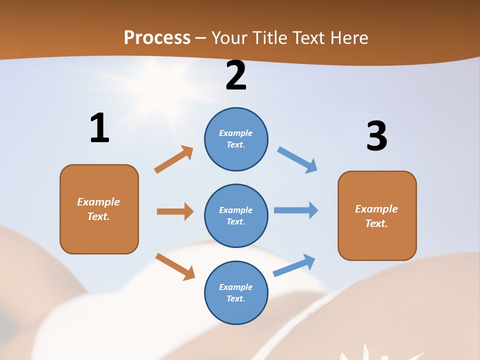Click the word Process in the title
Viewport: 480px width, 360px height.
coord(157,37)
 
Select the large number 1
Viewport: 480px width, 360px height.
coord(99,128)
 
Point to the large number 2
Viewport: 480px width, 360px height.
coord(236,76)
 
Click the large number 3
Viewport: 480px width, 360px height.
coord(376,136)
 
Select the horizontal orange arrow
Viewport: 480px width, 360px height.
coord(175,211)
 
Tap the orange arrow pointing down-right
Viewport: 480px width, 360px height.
coord(175,266)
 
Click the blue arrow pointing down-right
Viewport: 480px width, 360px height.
coord(297,160)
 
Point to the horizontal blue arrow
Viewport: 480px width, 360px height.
coord(296,210)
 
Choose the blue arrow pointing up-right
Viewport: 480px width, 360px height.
coord(294,265)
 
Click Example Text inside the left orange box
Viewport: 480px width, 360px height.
coord(98,209)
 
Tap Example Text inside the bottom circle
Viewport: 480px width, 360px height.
coord(235,292)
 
